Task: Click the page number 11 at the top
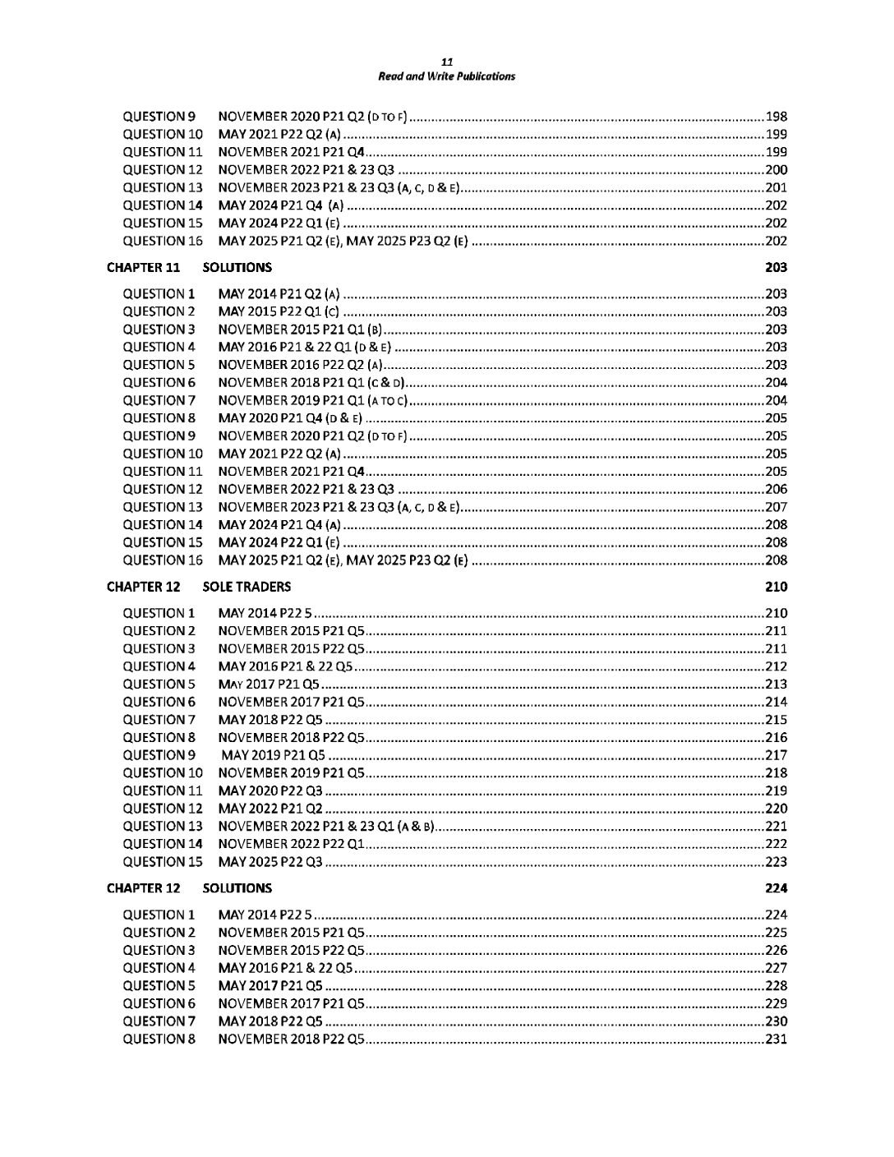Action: (446, 62)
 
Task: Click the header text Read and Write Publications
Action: (446, 76)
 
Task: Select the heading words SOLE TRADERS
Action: (247, 587)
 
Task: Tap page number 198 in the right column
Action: (776, 116)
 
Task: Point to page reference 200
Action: (776, 169)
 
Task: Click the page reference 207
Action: (776, 507)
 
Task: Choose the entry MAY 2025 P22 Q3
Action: (270, 862)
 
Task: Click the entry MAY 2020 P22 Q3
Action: (270, 791)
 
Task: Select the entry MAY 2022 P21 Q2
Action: (270, 809)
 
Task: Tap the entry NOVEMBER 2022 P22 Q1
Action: (291, 844)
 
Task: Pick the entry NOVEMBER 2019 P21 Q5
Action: (291, 772)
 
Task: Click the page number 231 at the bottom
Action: (776, 1039)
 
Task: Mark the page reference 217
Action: (776, 755)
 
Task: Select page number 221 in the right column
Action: (776, 826)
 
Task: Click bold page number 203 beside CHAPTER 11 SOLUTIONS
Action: (776, 267)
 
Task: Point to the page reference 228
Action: (776, 986)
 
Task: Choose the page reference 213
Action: (776, 685)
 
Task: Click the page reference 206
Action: (776, 489)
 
